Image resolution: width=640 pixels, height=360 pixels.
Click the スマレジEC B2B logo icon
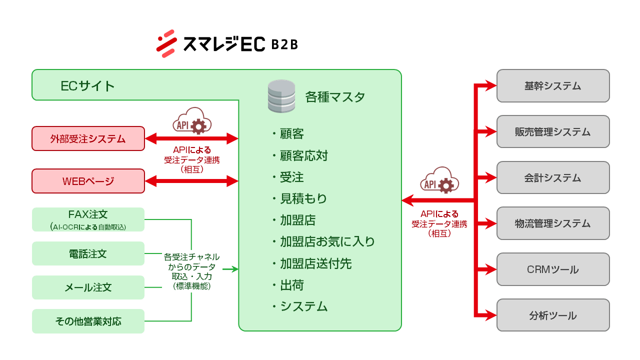[166, 44]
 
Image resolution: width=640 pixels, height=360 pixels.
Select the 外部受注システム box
[88, 138]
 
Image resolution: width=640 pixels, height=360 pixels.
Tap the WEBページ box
[88, 181]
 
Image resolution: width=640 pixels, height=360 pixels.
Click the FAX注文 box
[88, 219]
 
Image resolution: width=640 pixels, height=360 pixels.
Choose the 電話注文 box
[88, 253]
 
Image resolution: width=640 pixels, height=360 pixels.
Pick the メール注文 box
[88, 287]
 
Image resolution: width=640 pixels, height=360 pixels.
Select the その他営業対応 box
[88, 321]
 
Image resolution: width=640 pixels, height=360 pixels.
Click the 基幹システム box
[553, 86]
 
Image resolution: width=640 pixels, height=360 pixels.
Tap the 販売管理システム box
[553, 131]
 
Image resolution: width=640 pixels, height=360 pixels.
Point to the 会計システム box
[553, 177]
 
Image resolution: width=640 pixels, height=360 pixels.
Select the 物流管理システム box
[553, 223]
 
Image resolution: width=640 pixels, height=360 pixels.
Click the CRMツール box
[553, 269]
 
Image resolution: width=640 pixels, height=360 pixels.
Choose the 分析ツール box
[553, 315]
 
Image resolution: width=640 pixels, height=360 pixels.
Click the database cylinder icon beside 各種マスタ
[281, 96]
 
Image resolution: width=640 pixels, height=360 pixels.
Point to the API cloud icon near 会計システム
[439, 180]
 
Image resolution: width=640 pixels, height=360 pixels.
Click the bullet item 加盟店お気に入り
[327, 242]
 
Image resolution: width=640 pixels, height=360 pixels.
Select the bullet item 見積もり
[303, 198]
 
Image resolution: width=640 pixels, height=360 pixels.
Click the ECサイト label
[87, 86]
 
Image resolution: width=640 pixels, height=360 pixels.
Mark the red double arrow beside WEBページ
[191, 181]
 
